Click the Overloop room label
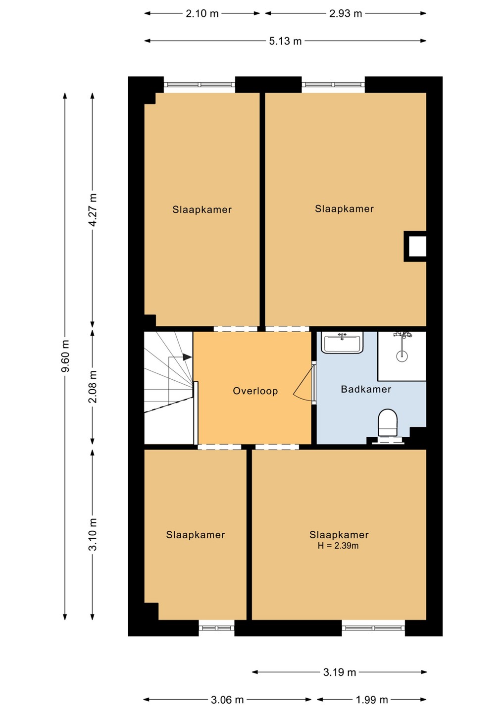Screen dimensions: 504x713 (x=255, y=391)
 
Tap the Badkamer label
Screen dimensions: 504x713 (x=366, y=389)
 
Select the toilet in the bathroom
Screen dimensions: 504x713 (x=388, y=423)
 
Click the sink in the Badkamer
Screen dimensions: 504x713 (x=342, y=342)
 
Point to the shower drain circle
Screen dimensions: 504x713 (x=402, y=356)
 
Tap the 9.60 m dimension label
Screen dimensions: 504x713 (x=65, y=356)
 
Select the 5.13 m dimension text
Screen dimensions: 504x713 (x=285, y=41)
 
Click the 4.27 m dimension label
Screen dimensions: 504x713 (x=93, y=210)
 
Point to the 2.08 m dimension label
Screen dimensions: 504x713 (x=93, y=386)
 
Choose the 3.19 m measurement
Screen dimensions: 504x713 (x=340, y=672)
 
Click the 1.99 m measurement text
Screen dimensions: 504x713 (x=372, y=700)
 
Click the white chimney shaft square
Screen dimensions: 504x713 (x=417, y=247)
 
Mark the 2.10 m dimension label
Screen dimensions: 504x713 (x=202, y=13)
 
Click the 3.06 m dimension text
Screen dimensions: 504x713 (x=227, y=700)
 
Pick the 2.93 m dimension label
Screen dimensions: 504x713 (x=346, y=13)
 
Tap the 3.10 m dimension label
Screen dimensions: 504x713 (x=93, y=534)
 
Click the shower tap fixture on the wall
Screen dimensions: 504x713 (x=403, y=335)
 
